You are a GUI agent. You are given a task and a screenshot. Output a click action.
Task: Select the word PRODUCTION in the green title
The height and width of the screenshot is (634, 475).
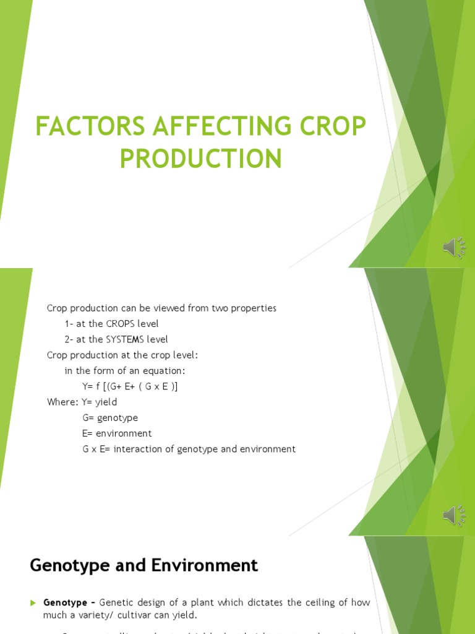[x=200, y=158]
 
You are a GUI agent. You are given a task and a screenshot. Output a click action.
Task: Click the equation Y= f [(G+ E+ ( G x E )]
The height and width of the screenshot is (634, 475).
[x=130, y=386]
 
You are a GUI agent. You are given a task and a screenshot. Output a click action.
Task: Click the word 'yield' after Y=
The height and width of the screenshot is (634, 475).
[x=105, y=402]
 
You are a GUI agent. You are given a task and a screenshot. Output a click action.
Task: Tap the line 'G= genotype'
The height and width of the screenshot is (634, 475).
[x=110, y=418]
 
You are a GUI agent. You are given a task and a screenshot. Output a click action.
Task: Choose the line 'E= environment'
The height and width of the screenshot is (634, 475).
[x=117, y=433]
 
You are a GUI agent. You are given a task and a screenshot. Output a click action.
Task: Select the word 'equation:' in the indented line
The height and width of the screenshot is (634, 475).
[x=165, y=371]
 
